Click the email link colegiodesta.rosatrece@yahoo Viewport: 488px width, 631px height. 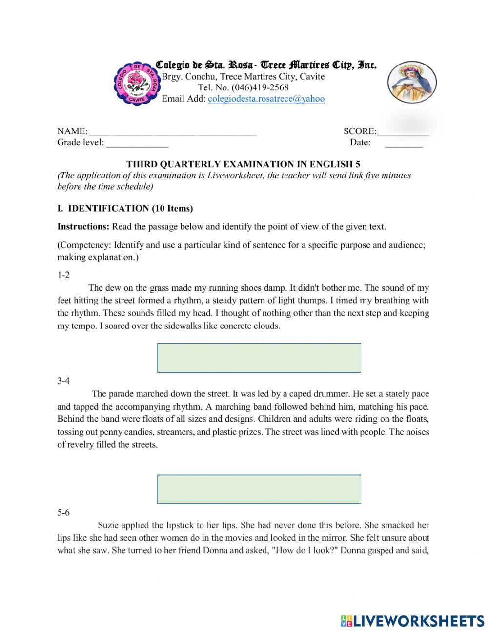266,99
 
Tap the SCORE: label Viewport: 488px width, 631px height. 360,131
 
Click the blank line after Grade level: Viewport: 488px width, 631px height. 137,143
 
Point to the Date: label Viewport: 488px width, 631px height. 360,142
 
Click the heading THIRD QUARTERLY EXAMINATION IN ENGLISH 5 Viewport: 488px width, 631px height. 243,164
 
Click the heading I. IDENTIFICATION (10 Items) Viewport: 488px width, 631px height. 125,208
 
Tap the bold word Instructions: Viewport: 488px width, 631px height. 83,226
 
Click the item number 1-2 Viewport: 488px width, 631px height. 63,275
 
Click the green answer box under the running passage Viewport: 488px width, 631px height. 259,358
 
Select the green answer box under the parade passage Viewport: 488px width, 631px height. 259,489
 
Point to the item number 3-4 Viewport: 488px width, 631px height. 63,381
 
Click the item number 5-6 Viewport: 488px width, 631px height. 63,513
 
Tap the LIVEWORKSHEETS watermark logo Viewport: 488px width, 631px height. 412,620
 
